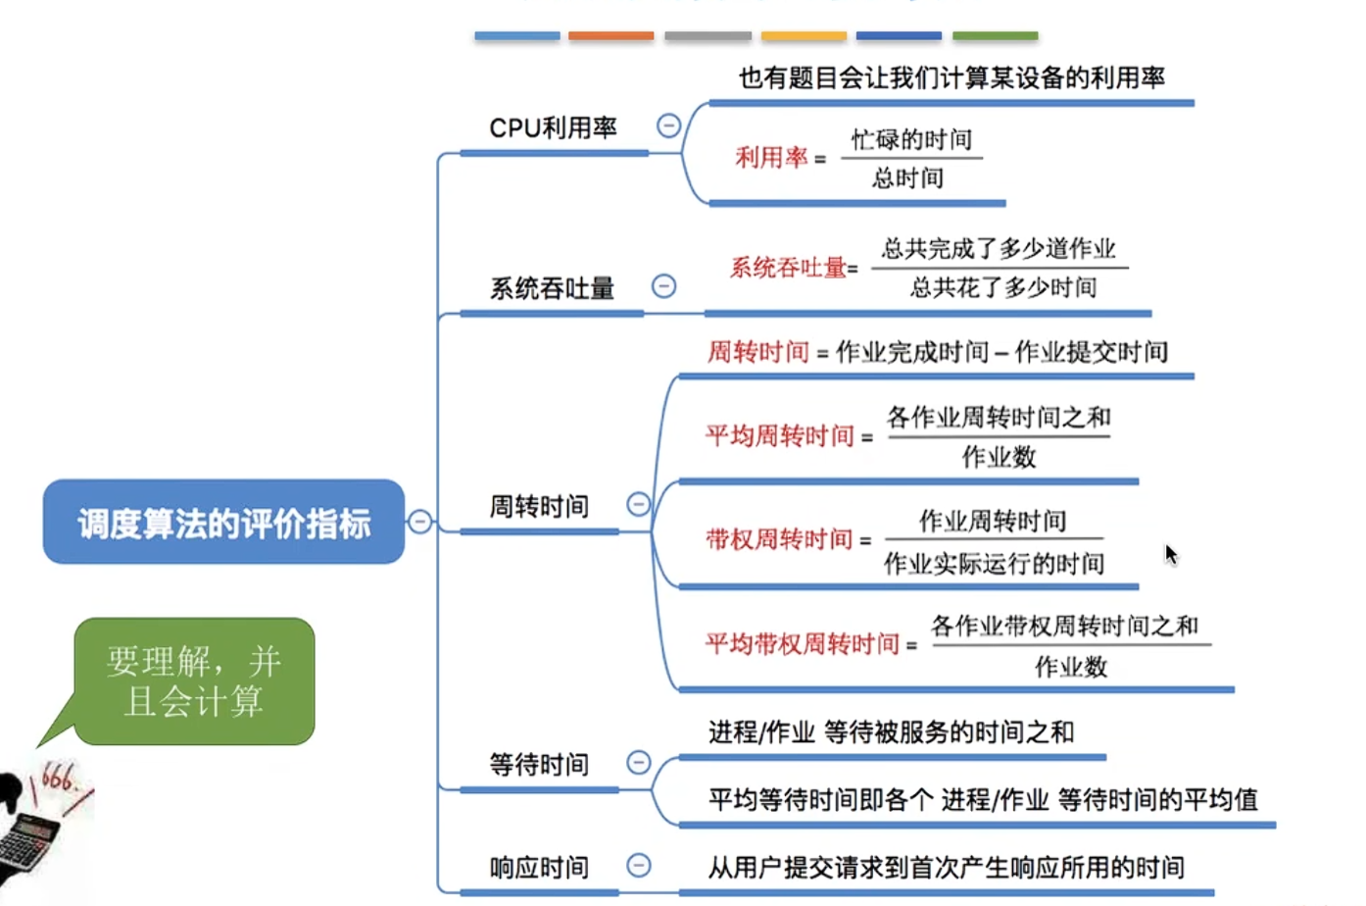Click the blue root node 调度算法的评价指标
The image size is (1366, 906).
(223, 522)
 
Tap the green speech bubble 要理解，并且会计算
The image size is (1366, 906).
(194, 680)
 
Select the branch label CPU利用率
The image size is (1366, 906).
(553, 128)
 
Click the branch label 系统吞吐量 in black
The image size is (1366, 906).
(552, 288)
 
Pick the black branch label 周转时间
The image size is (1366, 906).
(539, 506)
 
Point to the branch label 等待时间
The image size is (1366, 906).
(539, 765)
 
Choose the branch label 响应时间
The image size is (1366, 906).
(539, 867)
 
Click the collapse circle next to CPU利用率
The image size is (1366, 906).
(668, 126)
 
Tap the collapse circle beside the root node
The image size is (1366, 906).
(420, 521)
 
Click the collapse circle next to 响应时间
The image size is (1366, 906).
(639, 865)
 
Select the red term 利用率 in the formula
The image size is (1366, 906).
(771, 158)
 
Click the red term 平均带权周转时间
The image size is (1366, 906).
(803, 644)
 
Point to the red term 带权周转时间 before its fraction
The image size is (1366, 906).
(779, 540)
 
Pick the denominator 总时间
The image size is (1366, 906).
(907, 178)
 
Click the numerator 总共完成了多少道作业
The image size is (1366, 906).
(999, 249)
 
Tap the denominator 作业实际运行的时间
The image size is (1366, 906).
(994, 564)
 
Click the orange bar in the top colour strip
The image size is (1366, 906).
(611, 36)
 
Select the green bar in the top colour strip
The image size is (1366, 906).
(996, 36)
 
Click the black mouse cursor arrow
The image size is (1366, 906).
(1171, 555)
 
